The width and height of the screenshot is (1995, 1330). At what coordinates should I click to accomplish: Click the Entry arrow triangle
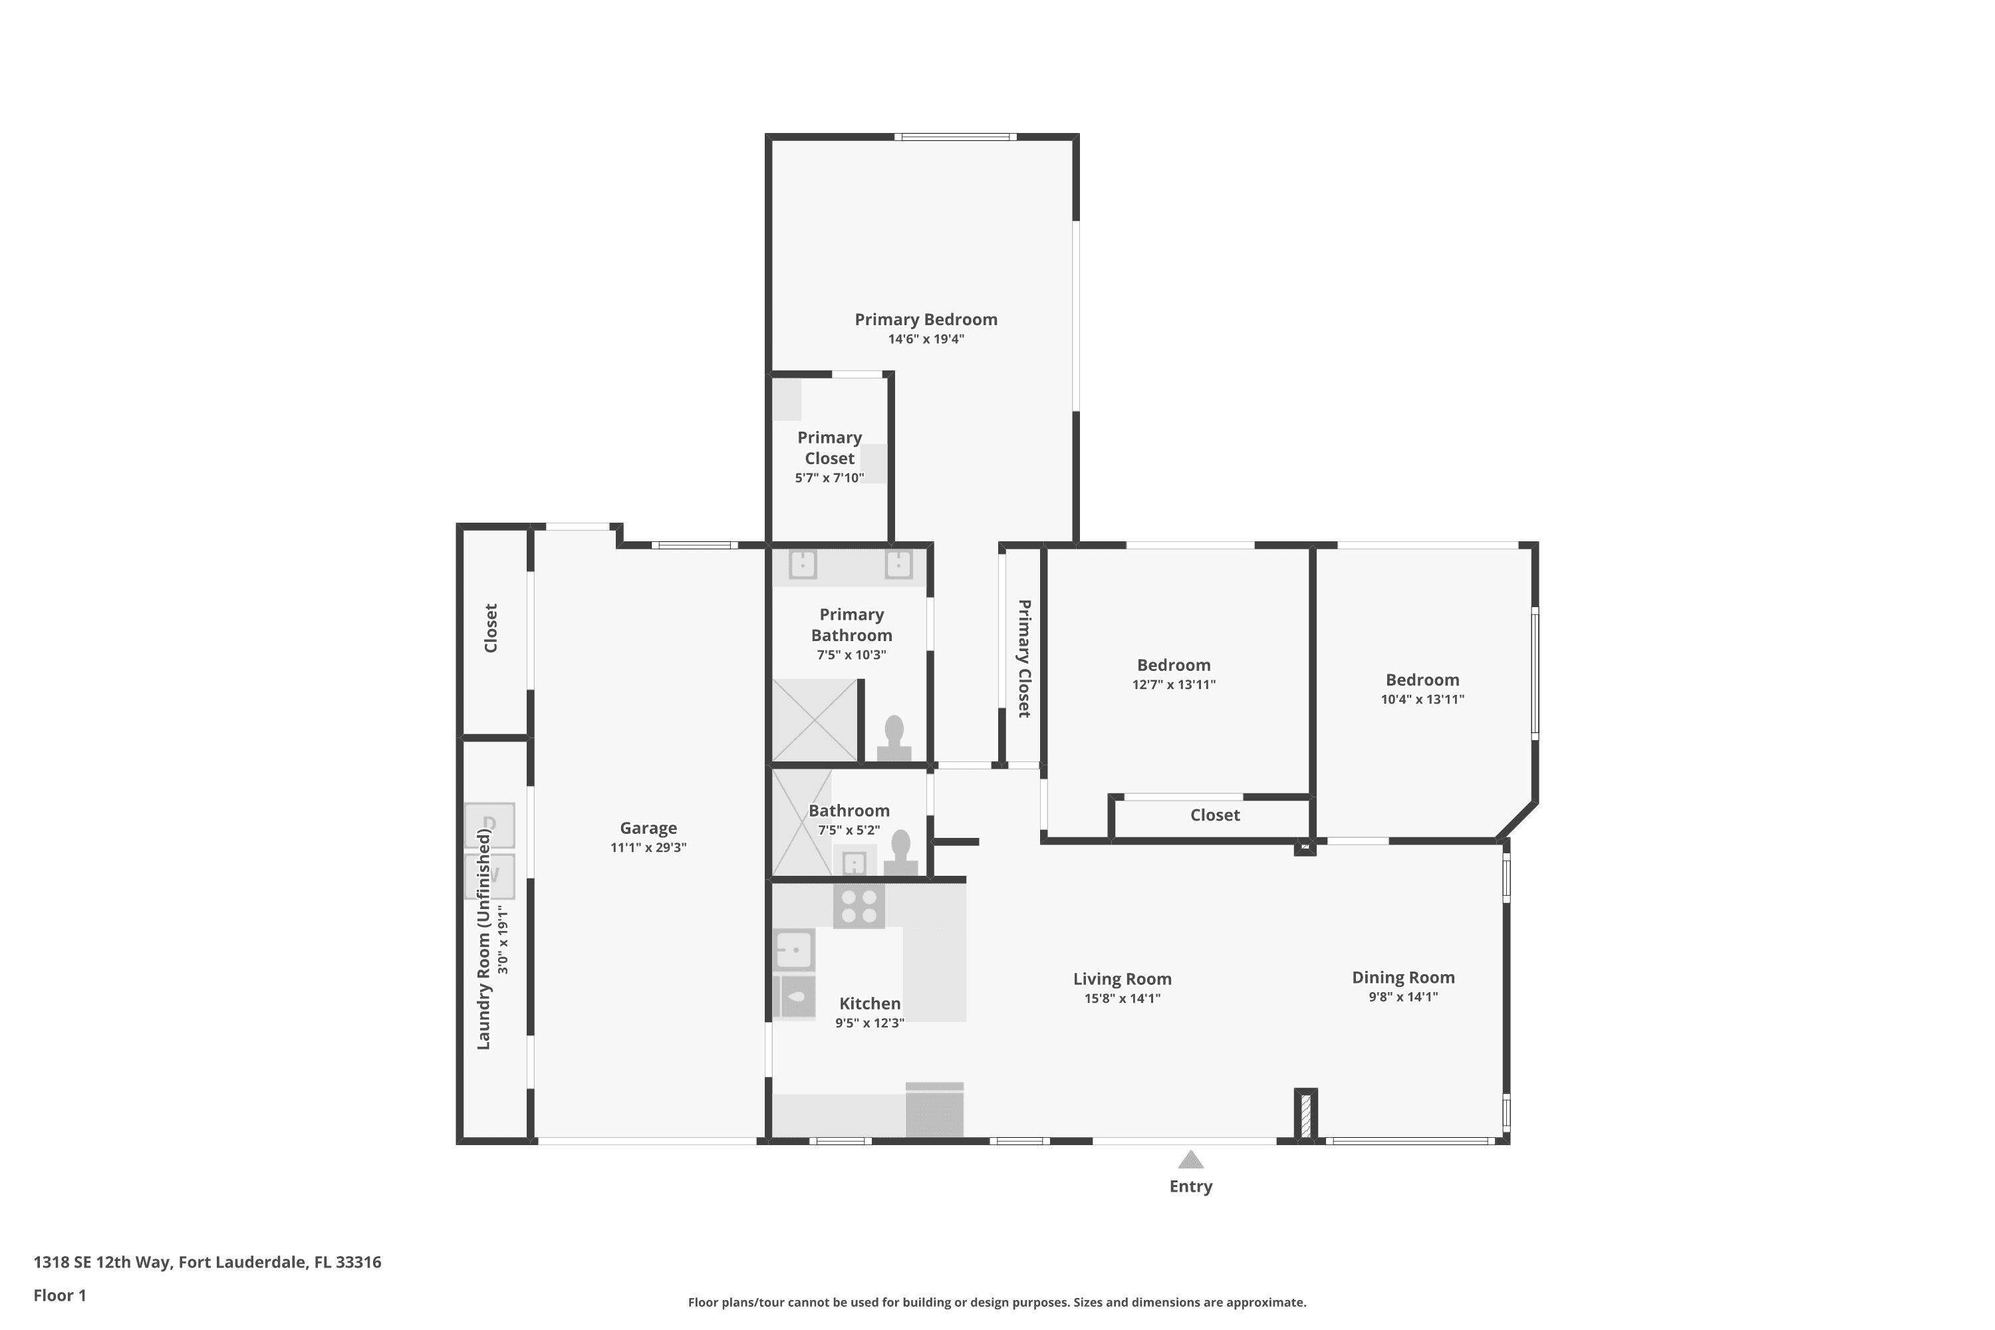pos(1191,1160)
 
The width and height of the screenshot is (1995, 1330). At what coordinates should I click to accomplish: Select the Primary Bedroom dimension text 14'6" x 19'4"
pos(926,339)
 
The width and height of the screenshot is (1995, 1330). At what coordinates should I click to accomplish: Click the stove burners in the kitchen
pos(859,906)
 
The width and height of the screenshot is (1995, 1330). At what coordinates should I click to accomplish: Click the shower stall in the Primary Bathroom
pos(814,720)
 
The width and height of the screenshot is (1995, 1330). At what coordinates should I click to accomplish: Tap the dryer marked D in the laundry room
pos(489,825)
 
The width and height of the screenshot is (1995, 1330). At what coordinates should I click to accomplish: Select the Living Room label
pos(1123,979)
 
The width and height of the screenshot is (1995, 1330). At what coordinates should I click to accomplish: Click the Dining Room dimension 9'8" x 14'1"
pos(1403,997)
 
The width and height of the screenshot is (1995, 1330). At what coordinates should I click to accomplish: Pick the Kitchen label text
pos(869,1003)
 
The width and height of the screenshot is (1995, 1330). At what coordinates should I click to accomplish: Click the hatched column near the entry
pos(1305,1115)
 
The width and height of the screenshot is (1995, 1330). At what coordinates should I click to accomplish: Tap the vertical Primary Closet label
pos(1024,658)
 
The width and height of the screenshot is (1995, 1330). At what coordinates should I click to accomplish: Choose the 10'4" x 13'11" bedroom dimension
pos(1422,699)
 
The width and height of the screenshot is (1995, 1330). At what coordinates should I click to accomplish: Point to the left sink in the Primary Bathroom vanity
pos(803,564)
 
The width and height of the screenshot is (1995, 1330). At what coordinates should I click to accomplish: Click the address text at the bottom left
pos(207,1262)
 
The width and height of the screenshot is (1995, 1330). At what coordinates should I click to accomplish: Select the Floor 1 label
pos(59,1295)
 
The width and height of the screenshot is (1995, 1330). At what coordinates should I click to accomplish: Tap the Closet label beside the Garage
pos(490,628)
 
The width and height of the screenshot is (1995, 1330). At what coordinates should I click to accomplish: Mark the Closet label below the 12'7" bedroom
pos(1215,815)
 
